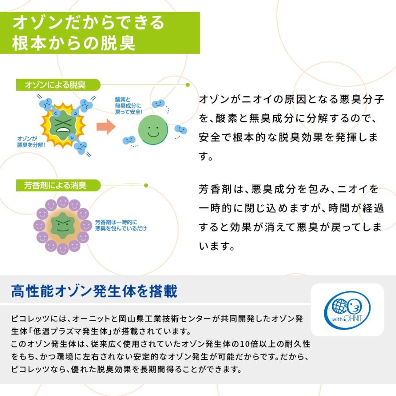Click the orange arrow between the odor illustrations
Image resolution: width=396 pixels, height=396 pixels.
point(106,127)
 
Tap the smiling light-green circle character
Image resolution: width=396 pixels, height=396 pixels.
point(153,130)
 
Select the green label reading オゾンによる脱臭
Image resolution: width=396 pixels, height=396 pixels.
point(59,85)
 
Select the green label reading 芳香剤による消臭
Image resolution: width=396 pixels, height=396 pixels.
point(59,185)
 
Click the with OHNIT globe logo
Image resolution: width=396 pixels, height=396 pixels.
point(347,310)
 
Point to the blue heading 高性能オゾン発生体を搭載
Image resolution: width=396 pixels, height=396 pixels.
point(94,291)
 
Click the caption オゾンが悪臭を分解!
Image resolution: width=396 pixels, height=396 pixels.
point(31,142)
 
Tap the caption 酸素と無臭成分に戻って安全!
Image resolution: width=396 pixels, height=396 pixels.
point(128,106)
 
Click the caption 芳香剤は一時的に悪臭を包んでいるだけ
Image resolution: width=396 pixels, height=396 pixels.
point(121,225)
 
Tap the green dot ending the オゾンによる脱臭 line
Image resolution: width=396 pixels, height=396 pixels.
point(187,85)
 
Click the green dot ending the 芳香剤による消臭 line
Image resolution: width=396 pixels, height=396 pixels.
point(146,185)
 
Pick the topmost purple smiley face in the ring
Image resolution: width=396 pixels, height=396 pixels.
point(62,202)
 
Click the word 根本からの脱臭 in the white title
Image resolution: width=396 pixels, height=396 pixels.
point(73,43)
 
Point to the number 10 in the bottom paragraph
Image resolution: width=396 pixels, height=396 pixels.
point(245,344)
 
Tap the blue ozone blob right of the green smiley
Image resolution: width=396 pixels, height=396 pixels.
point(181,129)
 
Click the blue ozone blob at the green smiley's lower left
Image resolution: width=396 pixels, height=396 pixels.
point(129,140)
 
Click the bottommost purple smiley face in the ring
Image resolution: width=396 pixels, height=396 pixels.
point(62,249)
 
